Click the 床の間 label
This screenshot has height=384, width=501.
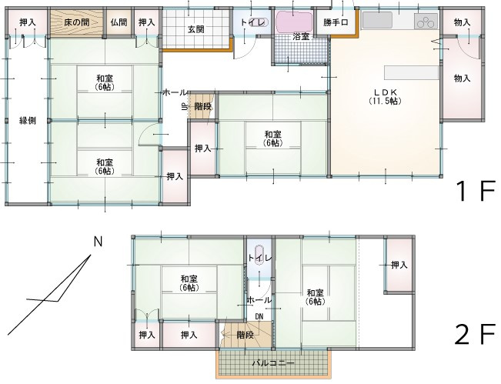76,22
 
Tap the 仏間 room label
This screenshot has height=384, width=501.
119,22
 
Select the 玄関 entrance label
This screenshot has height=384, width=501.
195,30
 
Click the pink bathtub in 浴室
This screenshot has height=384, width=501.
294,22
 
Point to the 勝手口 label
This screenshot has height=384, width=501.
336,22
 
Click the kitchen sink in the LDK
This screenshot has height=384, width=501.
377,21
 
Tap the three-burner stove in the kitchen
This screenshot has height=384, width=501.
426,22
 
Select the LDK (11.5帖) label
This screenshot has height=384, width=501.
386,96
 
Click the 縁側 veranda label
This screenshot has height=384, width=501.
28,121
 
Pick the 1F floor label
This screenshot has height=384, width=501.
476,191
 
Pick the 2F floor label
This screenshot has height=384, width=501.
475,334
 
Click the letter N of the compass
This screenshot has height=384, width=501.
98,242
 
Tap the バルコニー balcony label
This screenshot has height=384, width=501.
273,363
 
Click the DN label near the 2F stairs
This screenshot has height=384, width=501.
259,316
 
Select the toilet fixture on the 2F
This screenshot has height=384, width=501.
259,255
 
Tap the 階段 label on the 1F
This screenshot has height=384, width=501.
203,106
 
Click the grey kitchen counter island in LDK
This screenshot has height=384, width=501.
411,72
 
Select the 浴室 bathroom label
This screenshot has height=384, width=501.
301,36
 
